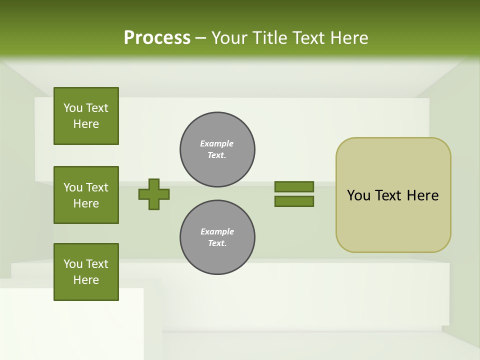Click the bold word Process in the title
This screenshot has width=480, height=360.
[157, 38]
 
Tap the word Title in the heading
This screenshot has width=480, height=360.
[269, 38]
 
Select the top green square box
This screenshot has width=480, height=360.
[86, 116]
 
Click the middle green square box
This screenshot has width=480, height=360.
[86, 195]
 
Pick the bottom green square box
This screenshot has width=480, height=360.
[86, 272]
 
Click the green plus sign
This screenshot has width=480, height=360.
[154, 194]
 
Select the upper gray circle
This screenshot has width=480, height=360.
[217, 149]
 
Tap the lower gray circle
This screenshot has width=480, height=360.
[217, 237]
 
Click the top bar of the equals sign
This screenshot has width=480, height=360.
[294, 186]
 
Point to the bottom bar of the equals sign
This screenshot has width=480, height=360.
[294, 201]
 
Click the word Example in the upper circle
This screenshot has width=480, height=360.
[217, 143]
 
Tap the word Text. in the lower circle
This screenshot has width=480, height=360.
[217, 243]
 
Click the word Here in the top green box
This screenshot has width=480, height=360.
[86, 124]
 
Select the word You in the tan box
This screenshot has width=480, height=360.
[358, 195]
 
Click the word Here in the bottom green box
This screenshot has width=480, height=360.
[86, 280]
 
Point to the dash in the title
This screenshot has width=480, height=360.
[201, 38]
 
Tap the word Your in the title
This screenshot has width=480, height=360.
[229, 38]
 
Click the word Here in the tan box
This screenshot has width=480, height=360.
[422, 195]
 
